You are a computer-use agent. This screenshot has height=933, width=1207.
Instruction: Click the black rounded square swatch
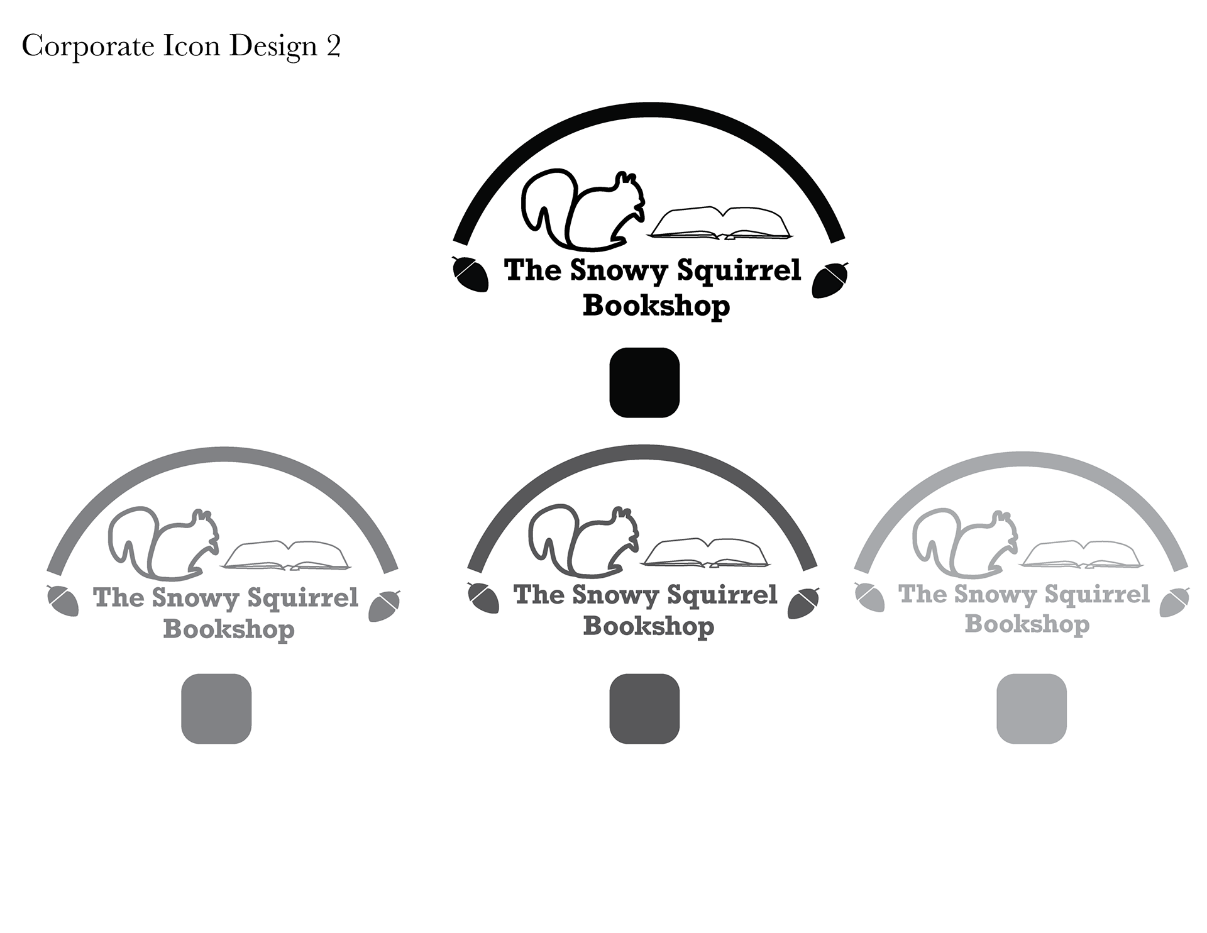tap(644, 382)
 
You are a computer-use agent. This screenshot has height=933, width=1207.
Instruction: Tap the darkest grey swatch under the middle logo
tap(644, 709)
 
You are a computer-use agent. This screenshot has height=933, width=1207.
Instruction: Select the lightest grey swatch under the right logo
tap(1032, 709)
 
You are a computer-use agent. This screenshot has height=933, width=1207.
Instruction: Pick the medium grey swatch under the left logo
tap(216, 709)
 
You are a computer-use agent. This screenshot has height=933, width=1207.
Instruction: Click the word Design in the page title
tap(273, 47)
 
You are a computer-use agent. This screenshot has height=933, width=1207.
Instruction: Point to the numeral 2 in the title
tap(333, 47)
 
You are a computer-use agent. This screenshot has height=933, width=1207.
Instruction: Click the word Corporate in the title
tap(88, 47)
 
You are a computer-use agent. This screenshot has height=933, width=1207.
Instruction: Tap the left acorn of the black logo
tap(470, 273)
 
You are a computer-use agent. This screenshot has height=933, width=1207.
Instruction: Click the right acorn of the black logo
tap(830, 280)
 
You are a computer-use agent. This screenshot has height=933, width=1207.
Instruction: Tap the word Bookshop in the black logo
tap(656, 306)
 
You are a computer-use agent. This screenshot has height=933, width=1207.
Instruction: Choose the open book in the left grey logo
tap(287, 555)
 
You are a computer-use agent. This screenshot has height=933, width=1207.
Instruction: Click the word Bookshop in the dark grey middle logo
tap(649, 626)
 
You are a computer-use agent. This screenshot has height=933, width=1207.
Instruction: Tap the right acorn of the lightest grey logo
tap(1174, 602)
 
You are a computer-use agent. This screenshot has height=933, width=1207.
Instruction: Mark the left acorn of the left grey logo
tap(63, 600)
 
